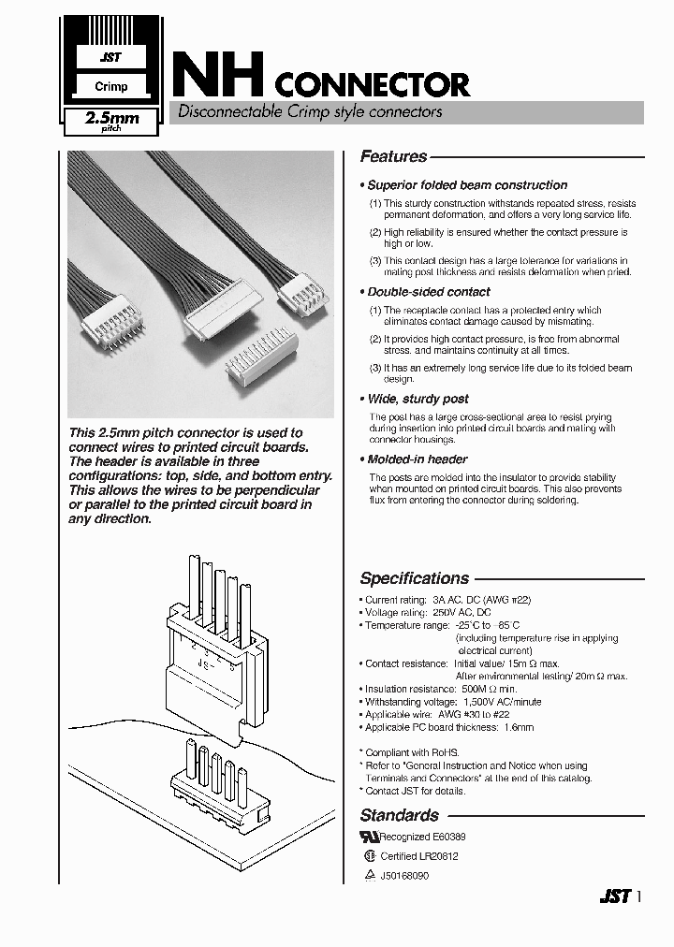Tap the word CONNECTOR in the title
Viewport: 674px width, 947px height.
[x=373, y=86]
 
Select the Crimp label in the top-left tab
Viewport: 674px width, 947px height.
[x=111, y=87]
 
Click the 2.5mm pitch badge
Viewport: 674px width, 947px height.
[x=111, y=121]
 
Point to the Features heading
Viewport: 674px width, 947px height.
[x=393, y=157]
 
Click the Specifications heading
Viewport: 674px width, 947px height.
[x=414, y=578]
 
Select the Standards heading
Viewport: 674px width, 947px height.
[x=399, y=815]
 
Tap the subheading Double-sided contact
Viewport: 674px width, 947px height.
[x=429, y=292]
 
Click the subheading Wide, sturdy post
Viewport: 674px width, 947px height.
[x=418, y=399]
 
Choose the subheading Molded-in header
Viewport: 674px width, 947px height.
[x=418, y=459]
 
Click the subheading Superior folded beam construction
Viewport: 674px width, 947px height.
[x=467, y=185]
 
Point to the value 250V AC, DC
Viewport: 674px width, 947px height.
[x=461, y=613]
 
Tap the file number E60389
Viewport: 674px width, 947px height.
[x=448, y=838]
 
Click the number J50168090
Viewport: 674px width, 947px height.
[x=404, y=876]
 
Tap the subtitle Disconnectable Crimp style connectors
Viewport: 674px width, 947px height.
[x=310, y=112]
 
